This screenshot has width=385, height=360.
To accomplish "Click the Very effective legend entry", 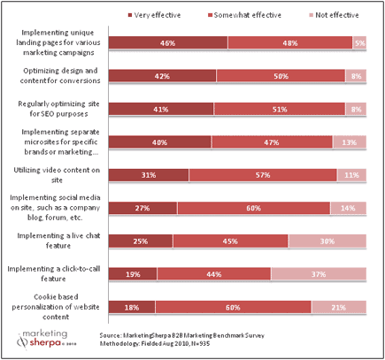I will (x=159, y=15).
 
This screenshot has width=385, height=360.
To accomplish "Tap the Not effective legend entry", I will (x=328, y=15).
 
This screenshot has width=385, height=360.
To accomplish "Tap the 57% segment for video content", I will (x=262, y=174).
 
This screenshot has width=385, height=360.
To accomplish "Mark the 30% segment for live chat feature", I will (x=327, y=241).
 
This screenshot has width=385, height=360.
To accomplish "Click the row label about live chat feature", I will (x=55, y=241).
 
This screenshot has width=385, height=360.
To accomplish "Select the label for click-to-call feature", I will (x=55, y=273).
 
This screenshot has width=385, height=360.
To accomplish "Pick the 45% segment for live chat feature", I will (x=231, y=241).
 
